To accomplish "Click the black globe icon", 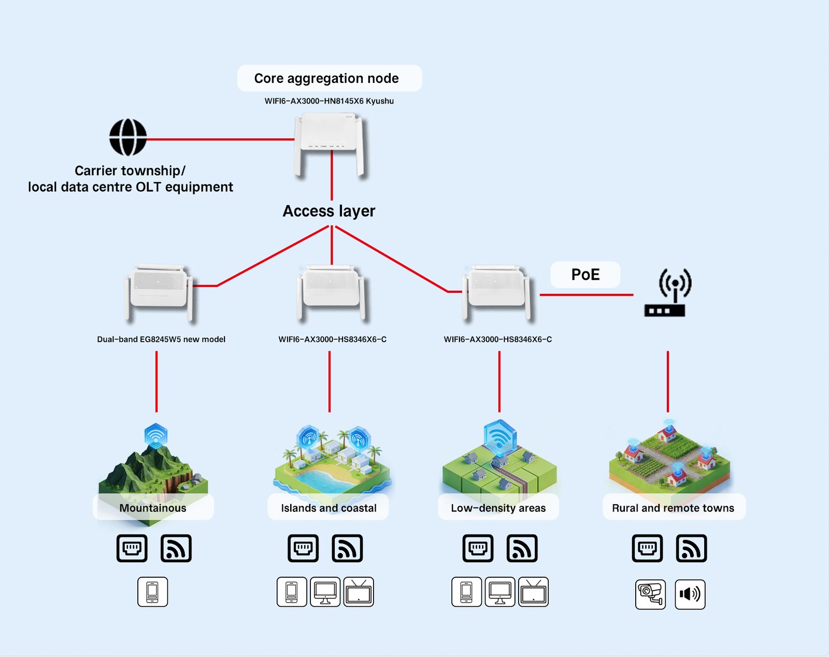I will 128,137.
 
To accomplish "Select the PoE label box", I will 585,275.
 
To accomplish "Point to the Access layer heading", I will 329,211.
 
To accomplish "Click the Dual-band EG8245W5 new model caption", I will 161,339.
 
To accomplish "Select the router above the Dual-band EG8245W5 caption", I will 159,292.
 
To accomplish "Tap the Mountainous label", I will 153,508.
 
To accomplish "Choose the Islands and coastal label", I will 328,508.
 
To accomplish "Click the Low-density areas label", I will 498,508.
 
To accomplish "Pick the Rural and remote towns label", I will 673,508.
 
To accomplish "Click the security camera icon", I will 650,594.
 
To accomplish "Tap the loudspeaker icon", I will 690,594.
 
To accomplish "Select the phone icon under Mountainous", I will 152,592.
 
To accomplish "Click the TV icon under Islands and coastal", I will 359,592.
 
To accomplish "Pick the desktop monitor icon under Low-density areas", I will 500,592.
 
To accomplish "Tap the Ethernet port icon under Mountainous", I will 132,548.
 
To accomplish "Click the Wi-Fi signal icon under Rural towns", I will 691,548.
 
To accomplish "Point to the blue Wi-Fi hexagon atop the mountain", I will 155,435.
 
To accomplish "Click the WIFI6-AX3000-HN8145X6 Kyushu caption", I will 329,101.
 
